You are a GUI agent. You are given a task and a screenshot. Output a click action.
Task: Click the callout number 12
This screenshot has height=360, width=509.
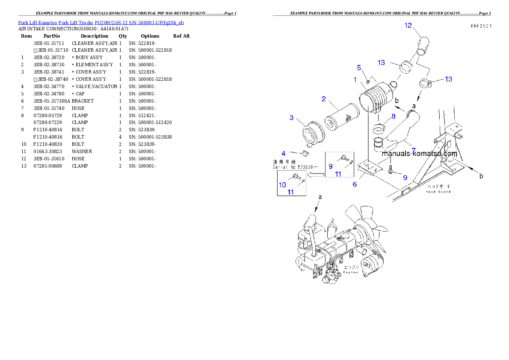click(x=408, y=26)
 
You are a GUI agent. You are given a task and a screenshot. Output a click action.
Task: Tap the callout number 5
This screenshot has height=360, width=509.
click(x=359, y=68)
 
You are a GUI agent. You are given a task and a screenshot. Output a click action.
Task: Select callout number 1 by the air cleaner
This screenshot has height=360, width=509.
click(x=355, y=80)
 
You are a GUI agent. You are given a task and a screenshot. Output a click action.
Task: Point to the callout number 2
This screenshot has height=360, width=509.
click(x=324, y=99)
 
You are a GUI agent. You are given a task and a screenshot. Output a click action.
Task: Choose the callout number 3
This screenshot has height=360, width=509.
click(x=291, y=118)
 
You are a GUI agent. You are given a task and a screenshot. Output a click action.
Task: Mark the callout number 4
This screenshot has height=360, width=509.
click(x=283, y=153)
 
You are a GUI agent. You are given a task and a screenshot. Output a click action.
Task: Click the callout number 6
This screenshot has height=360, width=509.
click(x=355, y=184)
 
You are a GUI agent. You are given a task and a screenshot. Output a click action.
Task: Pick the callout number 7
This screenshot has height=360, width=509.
click(x=413, y=150)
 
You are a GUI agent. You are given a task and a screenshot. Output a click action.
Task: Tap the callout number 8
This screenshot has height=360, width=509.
click(x=393, y=116)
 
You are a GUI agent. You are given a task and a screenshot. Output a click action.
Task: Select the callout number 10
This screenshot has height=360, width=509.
click(x=282, y=185)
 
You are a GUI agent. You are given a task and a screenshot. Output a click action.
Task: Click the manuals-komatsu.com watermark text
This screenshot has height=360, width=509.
click(x=419, y=153)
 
